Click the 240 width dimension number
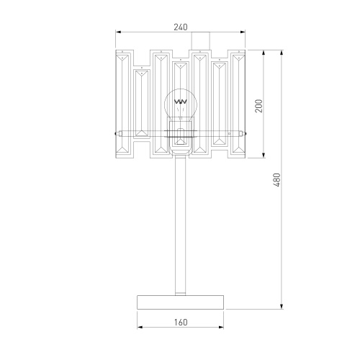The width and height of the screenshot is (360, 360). click(x=181, y=27)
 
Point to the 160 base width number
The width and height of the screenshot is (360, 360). click(x=181, y=322)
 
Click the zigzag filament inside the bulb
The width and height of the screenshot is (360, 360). click(x=181, y=101)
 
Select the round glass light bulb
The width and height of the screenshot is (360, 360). click(x=181, y=107)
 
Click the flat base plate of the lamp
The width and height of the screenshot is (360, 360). click(x=181, y=301)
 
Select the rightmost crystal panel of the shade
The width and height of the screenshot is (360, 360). click(x=238, y=104)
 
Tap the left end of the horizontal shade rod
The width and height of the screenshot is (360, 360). click(x=115, y=132)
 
